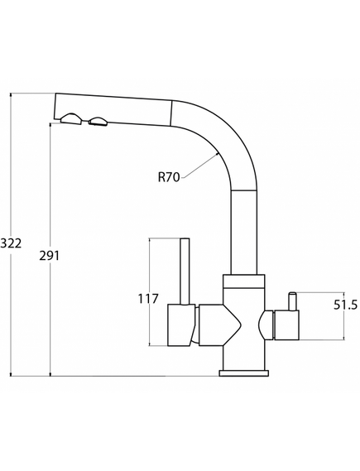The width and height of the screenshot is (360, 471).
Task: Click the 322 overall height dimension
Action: point(11,243)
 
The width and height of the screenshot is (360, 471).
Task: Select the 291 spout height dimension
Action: point(50,255)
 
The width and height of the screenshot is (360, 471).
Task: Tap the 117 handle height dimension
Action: point(147,299)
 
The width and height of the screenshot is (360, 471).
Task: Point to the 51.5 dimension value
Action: point(346,305)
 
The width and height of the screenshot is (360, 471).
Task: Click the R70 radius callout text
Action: point(169,177)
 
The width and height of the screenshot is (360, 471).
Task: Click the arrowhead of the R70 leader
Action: point(217,154)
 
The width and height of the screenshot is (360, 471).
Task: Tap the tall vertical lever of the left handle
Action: point(185,272)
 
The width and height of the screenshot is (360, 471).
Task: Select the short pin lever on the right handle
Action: point(292,301)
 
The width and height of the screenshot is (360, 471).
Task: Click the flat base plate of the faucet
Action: point(244,373)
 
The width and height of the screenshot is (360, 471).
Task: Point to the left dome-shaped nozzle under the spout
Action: point(71,118)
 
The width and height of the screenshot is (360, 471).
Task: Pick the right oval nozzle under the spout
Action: point(98,121)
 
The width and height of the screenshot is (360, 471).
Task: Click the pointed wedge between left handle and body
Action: point(220,324)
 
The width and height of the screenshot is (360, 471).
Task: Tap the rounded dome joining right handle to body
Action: point(265,325)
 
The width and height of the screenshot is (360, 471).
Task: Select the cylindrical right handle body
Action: point(286,325)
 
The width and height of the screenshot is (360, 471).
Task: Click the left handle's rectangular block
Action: point(181,324)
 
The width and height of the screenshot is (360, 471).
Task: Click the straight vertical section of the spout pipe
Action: point(244,232)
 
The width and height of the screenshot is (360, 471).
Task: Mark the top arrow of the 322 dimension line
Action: point(11,95)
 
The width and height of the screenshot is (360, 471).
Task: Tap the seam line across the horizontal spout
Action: point(171,113)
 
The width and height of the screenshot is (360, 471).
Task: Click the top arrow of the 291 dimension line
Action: point(50,125)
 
